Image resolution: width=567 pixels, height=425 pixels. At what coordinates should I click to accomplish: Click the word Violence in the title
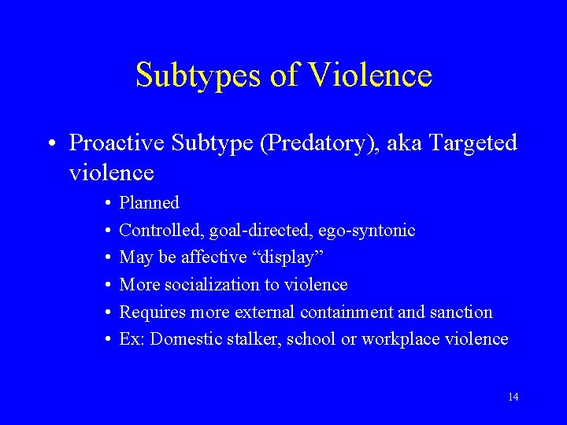[x=370, y=76]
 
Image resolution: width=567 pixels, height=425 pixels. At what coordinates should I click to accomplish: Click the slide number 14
[x=513, y=397]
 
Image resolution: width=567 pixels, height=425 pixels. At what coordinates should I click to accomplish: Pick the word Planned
[x=149, y=203]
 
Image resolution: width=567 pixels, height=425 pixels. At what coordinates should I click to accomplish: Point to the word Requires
[x=150, y=312]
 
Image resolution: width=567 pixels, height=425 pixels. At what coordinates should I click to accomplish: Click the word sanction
[x=461, y=312]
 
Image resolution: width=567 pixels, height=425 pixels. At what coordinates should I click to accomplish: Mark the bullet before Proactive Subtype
[x=50, y=143]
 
